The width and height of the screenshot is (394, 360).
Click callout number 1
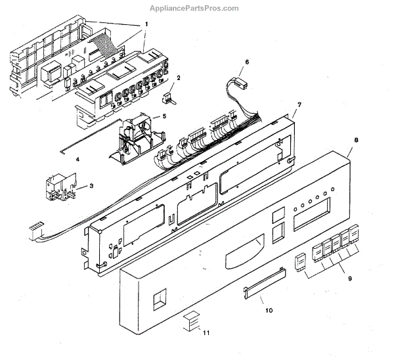[146, 24]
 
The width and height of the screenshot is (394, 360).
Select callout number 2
[177, 78]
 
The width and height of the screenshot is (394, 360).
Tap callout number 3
[91, 186]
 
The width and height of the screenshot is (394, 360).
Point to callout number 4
[77, 159]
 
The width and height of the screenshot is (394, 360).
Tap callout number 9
[349, 279]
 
